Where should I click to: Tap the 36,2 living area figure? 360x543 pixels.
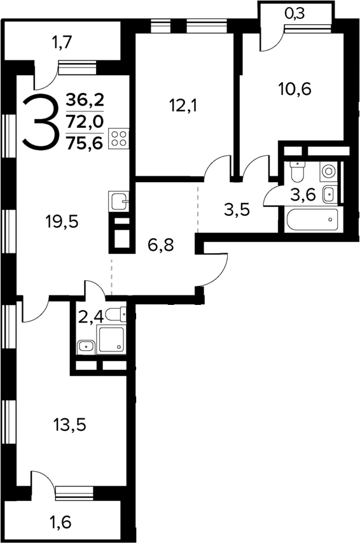coord(85,101)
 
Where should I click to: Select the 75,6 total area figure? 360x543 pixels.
coord(85,143)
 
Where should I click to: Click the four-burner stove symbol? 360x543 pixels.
coord(119,139)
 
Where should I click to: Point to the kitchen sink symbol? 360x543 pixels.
coord(119,201)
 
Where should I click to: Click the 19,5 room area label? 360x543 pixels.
coord(62,222)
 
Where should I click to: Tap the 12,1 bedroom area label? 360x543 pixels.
coord(184,106)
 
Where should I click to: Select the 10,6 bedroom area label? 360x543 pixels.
coord(295,89)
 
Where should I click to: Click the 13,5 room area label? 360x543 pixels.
coord(69,425)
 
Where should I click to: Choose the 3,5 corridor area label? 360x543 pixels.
coord(237,209)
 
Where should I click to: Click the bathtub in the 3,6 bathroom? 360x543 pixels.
coord(312,220)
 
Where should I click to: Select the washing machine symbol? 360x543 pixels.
coord(328,171)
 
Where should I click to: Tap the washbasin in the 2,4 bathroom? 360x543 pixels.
coord(85,347)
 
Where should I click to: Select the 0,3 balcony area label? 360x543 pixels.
coord(294,13)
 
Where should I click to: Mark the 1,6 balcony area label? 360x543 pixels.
coord(61,522)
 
